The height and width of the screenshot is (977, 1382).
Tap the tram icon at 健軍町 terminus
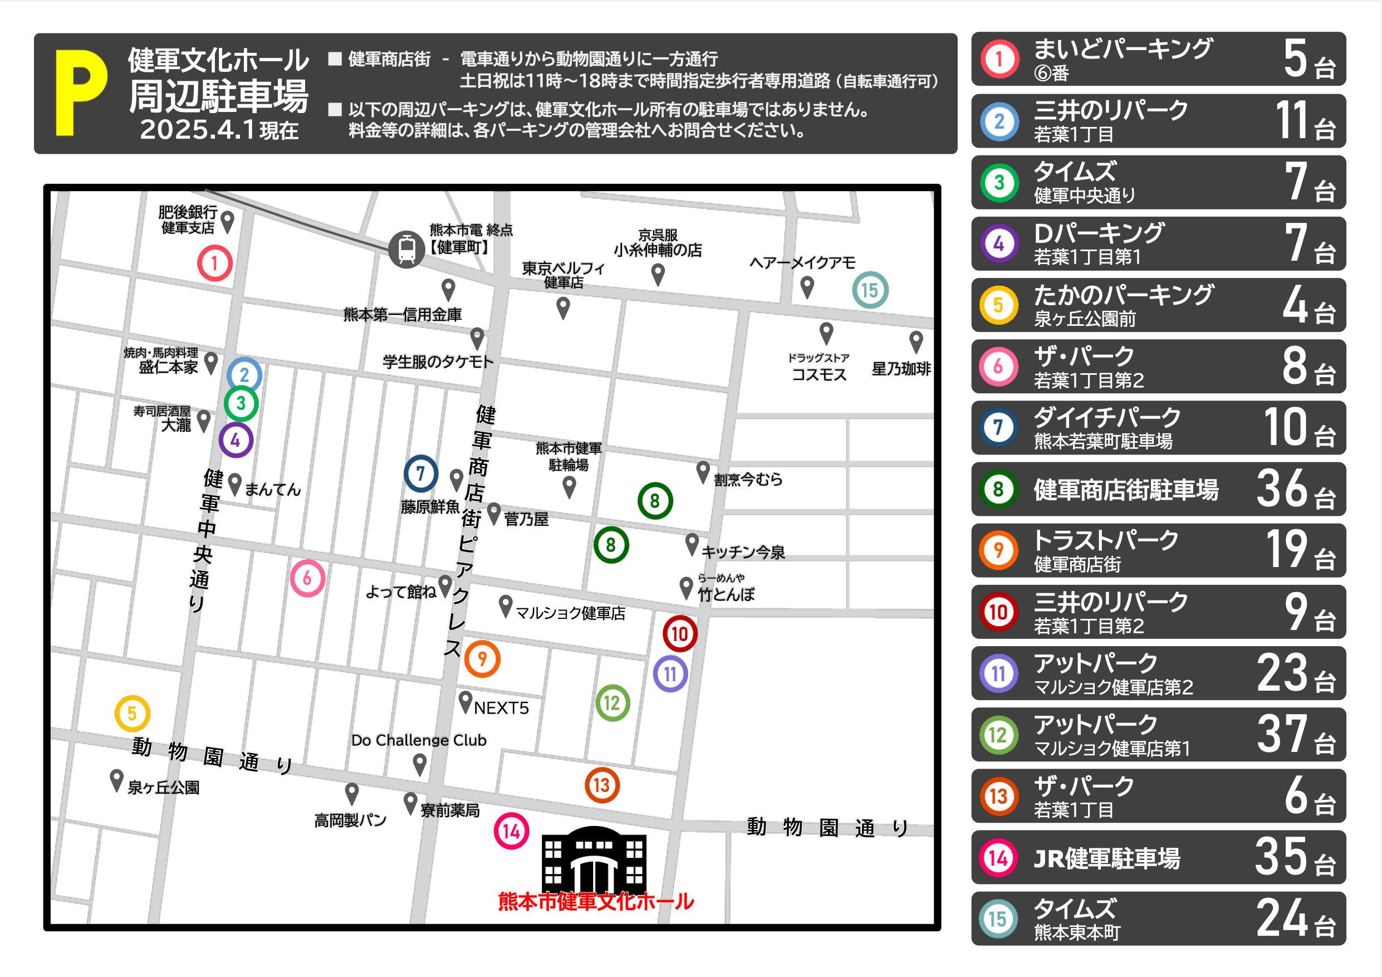click(x=407, y=248)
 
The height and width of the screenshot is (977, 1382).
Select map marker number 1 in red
click(x=215, y=263)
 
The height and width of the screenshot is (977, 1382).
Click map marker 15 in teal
click(x=870, y=290)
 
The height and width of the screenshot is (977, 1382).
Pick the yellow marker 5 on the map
click(x=133, y=714)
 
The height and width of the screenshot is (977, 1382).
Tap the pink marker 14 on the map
click(x=511, y=831)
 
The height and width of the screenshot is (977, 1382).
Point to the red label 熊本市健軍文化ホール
click(x=596, y=901)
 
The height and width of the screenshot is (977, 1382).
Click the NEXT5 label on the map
click(x=501, y=708)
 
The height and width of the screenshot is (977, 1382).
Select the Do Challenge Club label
click(x=418, y=740)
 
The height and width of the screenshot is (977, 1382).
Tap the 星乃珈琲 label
click(x=901, y=368)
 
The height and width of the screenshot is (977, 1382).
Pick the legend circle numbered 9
click(x=998, y=550)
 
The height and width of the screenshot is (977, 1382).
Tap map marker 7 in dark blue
click(x=421, y=473)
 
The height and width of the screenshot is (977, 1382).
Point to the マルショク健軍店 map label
click(x=570, y=613)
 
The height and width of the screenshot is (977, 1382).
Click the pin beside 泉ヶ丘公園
click(x=117, y=780)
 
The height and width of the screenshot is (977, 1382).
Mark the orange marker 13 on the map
click(x=602, y=785)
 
